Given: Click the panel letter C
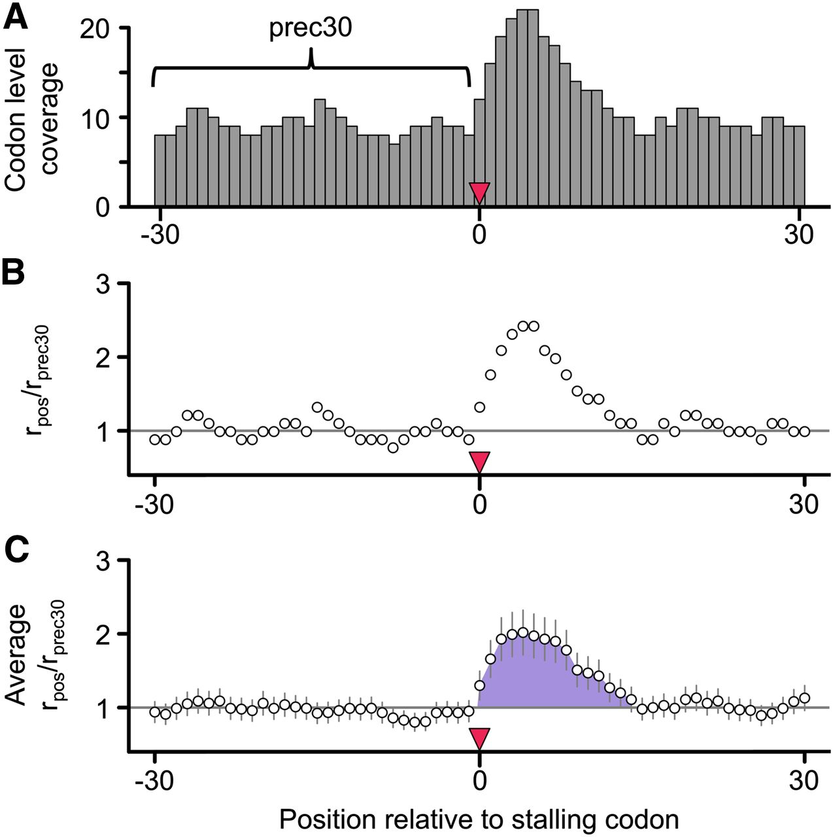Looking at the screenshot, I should [17, 551].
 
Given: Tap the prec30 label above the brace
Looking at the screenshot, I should [311, 29].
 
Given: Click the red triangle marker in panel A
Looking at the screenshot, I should [479, 193].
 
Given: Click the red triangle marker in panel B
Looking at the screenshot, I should [479, 461].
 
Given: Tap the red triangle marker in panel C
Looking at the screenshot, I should [479, 738].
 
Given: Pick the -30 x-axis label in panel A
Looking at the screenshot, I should [160, 234].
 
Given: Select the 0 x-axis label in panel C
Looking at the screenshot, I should [479, 781].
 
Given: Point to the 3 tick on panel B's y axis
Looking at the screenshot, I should [104, 284].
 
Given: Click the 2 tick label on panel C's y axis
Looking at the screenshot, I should [104, 634].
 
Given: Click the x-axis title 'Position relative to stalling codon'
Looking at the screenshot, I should [479, 819].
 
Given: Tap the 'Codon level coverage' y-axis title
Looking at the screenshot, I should [33, 118].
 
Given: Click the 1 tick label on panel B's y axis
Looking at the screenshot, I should [104, 431].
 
